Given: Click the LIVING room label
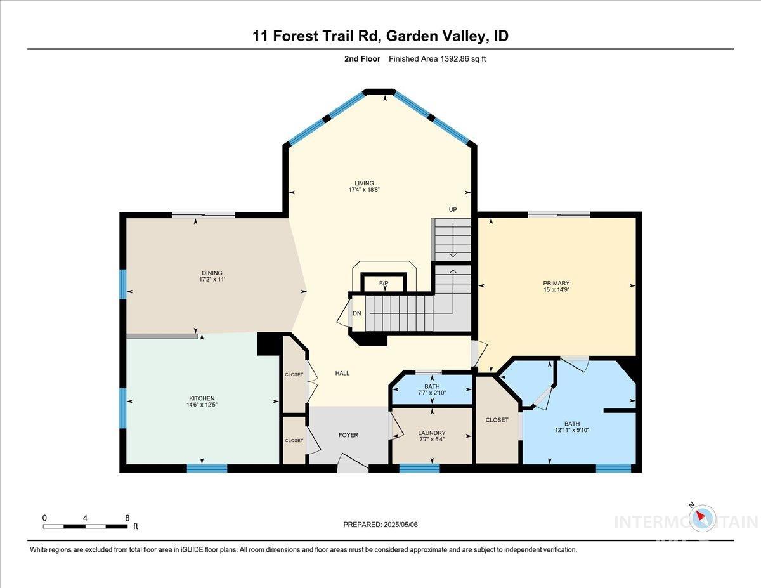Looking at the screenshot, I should click(364, 183).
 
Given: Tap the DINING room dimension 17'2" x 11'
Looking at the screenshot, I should click(212, 280).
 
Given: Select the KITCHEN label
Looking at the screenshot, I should click(201, 398).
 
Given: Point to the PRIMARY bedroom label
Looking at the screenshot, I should click(556, 283).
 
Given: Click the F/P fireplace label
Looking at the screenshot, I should click(383, 283).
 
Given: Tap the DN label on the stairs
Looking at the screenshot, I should click(357, 313).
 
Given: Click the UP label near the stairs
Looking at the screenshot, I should click(453, 210).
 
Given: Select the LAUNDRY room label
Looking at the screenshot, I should click(432, 433).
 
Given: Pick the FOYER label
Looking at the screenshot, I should click(348, 435).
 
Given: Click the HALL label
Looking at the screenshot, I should click(342, 373).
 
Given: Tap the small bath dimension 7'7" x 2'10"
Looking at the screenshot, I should click(432, 393).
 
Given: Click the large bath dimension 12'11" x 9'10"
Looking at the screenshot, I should click(572, 431).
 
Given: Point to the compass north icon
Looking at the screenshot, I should click(702, 517).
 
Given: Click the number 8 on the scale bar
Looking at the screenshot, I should click(127, 518).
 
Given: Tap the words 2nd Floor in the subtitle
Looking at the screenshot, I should click(358, 59).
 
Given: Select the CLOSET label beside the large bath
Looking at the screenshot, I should click(497, 420).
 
